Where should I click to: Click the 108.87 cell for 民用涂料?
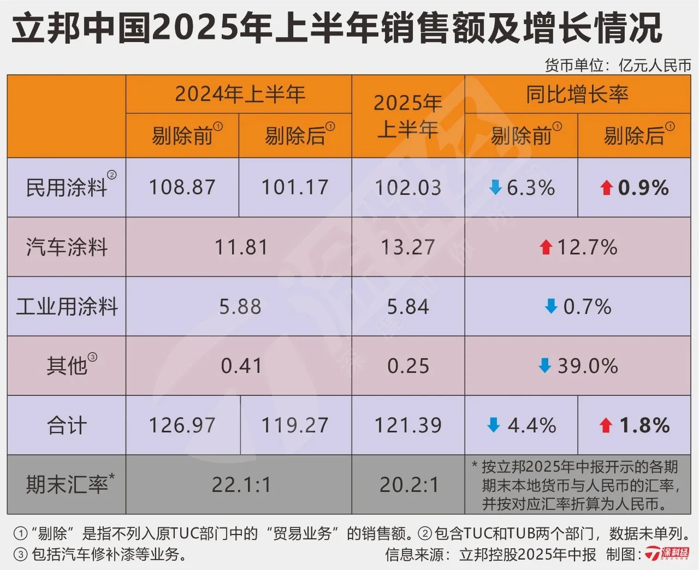pos(182,187)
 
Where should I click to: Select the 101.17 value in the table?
pos(295,187)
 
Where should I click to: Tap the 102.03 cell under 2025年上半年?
pos(408,188)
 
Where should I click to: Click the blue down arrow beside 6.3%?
pos(495,188)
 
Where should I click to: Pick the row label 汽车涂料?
pos(67,247)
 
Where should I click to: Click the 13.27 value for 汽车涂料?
pos(408,247)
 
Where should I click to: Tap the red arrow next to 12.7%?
pos(546,247)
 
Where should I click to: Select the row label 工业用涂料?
pos(67,306)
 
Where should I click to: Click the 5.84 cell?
pos(408,307)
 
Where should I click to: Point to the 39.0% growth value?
pos(587,366)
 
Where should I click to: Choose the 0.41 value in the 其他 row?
pos(241,366)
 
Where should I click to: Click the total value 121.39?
pos(408,425)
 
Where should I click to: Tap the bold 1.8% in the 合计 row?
pos(644,425)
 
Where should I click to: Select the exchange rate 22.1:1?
pos(241,484)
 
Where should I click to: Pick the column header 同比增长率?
pos(577,94)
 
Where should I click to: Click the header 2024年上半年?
pos(240,94)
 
